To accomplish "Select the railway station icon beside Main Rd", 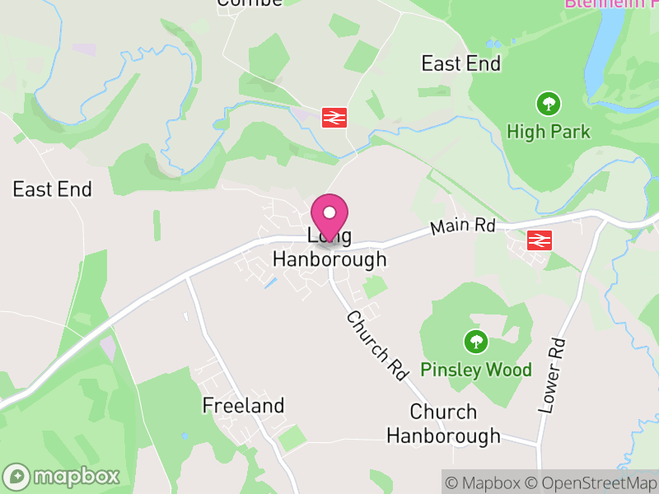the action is click(540, 240).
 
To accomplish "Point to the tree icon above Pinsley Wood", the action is click(474, 341).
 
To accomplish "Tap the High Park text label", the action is click(549, 131).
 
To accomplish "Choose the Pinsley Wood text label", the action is click(476, 370).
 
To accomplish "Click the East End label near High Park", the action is click(461, 63).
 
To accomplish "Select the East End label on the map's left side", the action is click(52, 189).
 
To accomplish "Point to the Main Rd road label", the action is click(462, 226).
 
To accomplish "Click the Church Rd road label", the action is click(377, 345).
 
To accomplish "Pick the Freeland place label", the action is click(243, 405).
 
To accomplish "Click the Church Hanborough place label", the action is click(443, 423).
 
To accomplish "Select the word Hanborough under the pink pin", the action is click(329, 259).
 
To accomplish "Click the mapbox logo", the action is click(63, 476).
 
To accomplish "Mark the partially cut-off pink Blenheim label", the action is click(610, 3).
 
